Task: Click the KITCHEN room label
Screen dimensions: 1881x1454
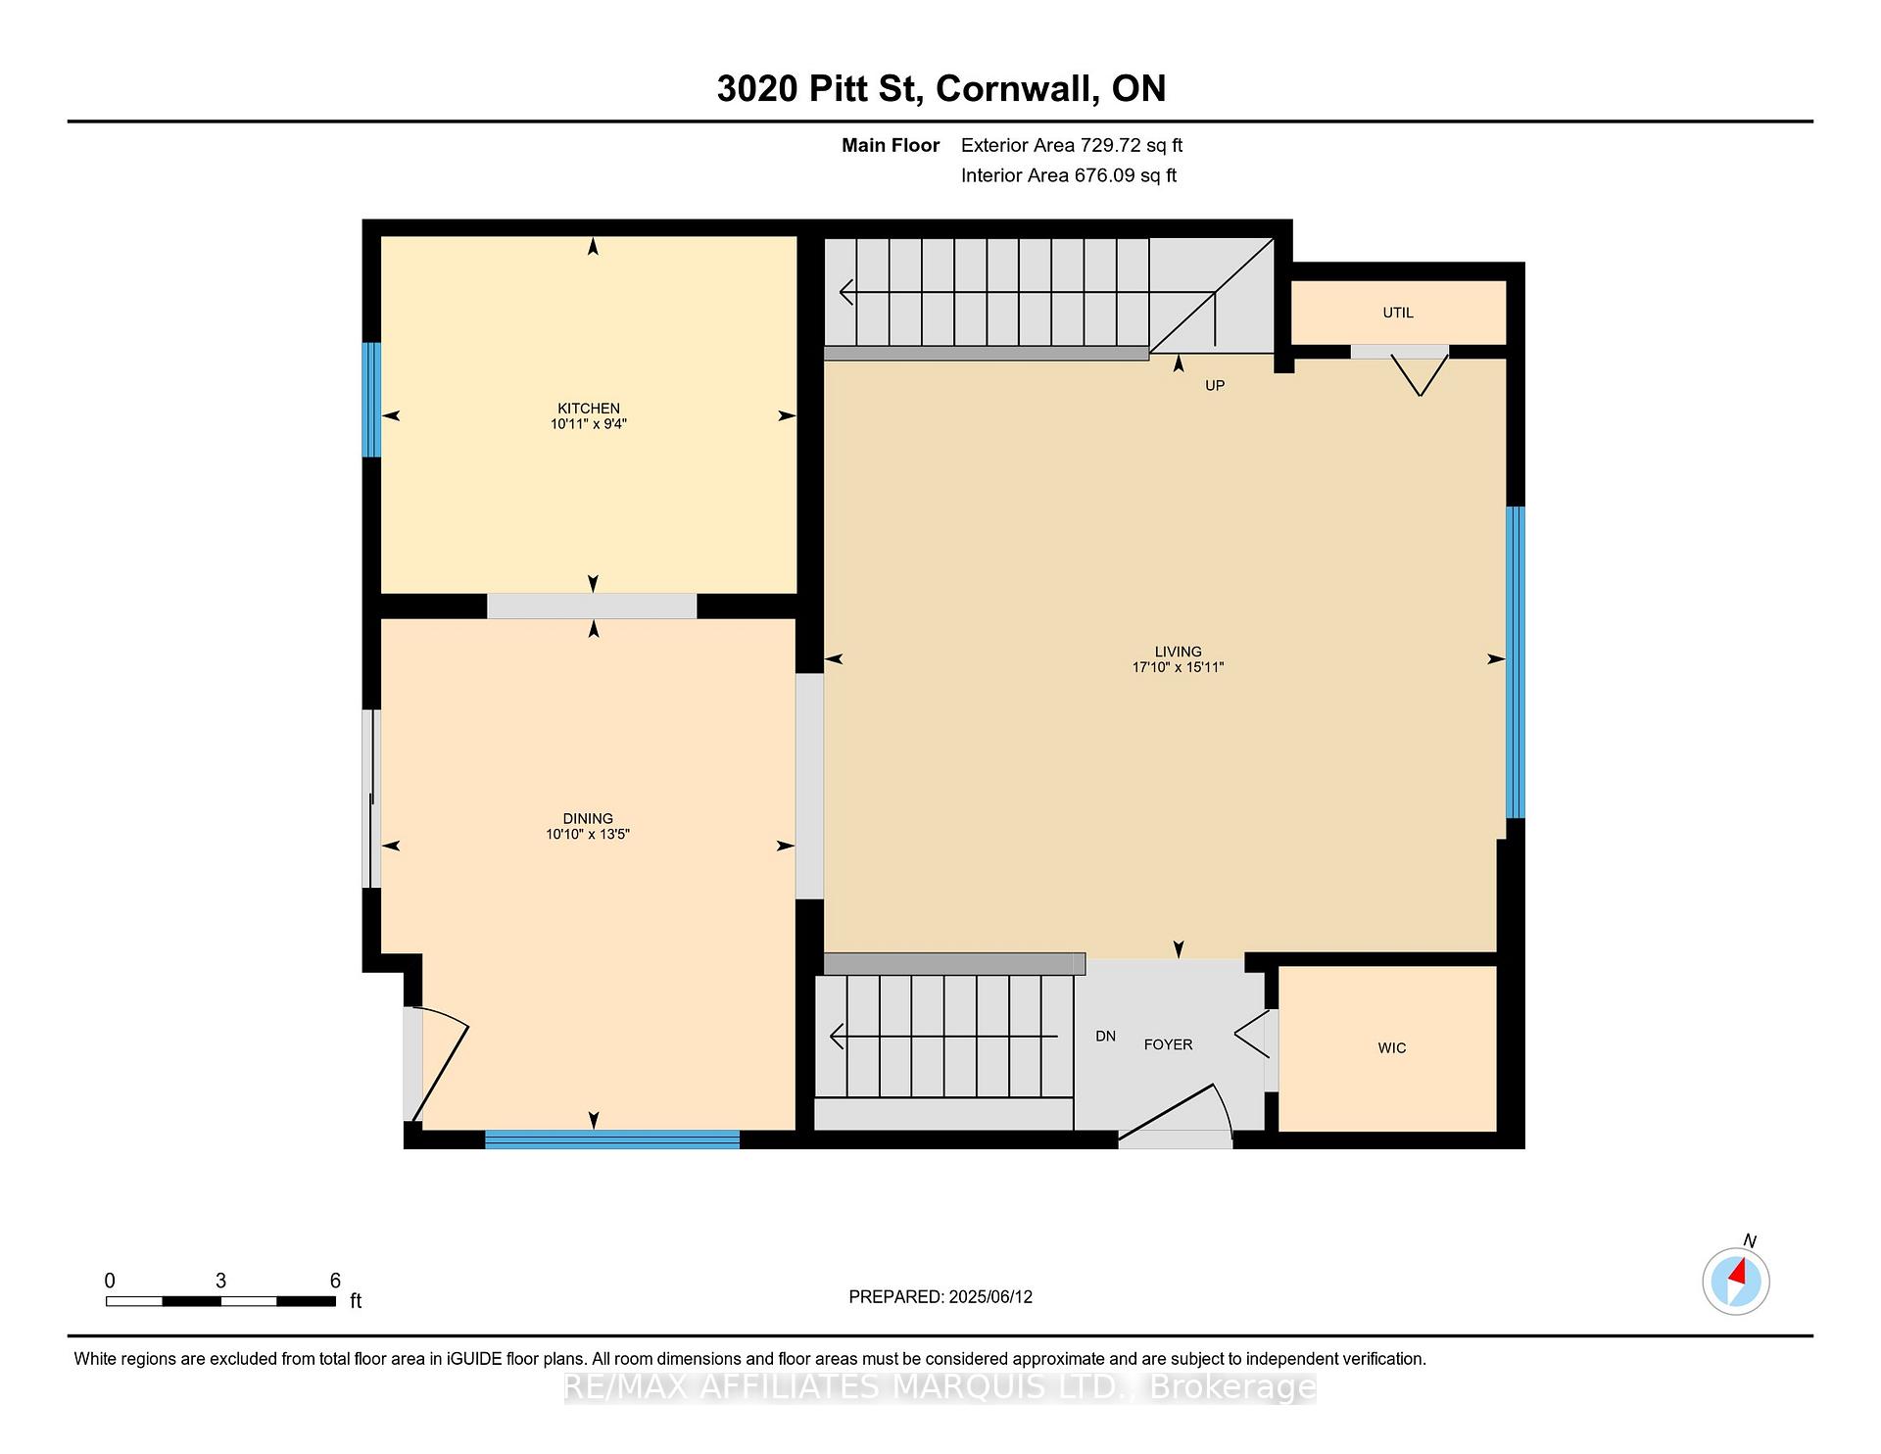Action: tap(589, 409)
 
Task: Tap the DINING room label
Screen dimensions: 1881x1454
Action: tap(588, 819)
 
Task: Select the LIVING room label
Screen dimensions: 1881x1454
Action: tap(1178, 652)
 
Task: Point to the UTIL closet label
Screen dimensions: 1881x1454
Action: tap(1398, 313)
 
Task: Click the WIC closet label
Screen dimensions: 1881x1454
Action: tap(1392, 1048)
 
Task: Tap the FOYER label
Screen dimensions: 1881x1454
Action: tap(1169, 1044)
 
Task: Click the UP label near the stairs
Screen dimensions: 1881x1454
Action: tap(1215, 386)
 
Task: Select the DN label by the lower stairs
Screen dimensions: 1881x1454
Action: tap(1106, 1037)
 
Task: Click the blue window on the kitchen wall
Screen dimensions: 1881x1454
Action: tap(371, 400)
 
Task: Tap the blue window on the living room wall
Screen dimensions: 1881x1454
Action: tap(1516, 662)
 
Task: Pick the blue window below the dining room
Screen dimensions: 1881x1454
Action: tap(612, 1139)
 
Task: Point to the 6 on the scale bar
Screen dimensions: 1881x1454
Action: tap(335, 1281)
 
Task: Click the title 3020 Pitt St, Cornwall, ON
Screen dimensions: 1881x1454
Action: tap(941, 88)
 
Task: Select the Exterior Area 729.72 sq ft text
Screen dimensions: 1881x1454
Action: tap(1072, 146)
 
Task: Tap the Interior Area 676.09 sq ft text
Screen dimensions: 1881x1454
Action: tap(1069, 176)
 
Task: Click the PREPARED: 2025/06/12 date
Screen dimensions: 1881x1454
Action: tap(940, 1297)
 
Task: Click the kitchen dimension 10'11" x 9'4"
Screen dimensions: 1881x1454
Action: tap(589, 424)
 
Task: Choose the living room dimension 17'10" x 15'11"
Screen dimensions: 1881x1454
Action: tap(1179, 667)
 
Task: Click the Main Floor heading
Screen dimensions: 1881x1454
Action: tap(891, 146)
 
